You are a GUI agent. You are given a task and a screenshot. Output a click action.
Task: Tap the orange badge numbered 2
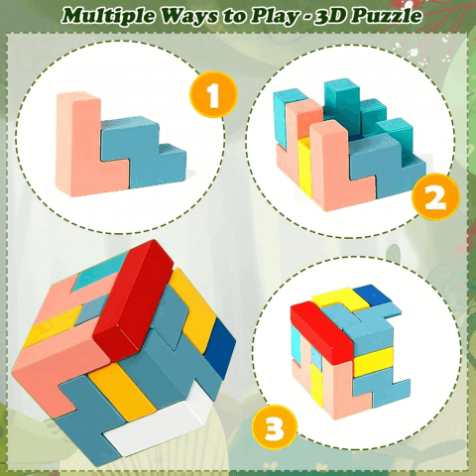[x=435, y=196]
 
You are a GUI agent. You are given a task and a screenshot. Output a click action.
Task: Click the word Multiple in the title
[x=107, y=16]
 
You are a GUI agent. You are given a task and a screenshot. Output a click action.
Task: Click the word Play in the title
[x=273, y=17]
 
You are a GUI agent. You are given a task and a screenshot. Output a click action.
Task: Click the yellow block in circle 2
[x=304, y=167]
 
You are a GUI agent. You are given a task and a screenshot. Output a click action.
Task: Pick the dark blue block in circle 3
[x=372, y=295]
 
